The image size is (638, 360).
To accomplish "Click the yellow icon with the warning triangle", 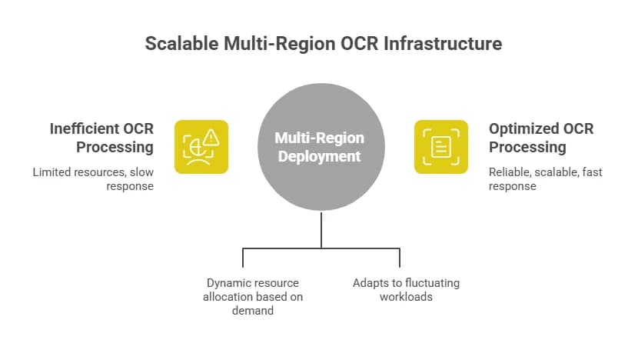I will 201,146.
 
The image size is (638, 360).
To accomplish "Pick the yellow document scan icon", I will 441,146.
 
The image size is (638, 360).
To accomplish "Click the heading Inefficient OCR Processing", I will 103,138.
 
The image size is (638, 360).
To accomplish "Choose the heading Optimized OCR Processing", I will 541,138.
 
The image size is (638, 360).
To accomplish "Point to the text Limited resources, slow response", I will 93,179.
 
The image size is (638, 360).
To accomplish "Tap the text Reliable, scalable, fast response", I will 545,179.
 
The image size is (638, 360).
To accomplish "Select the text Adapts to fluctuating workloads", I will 406,290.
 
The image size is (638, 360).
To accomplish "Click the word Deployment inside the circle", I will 320,156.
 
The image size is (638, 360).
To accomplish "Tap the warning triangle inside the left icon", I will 211,138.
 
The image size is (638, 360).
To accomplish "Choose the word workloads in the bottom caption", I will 406,297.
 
